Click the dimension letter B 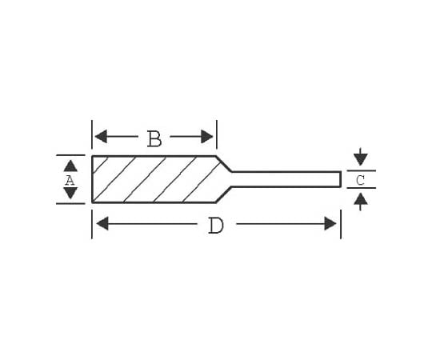(154, 138)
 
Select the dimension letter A (70, 181)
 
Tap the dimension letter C (360, 181)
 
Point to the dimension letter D (216, 226)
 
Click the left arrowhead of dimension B (101, 137)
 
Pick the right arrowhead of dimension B (207, 137)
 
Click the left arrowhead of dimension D (102, 223)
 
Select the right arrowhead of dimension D (330, 223)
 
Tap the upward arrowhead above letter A (70, 166)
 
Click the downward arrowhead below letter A (70, 193)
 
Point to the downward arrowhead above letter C (361, 159)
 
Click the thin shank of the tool (286, 179)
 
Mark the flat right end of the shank (341, 179)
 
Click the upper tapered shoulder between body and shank (224, 164)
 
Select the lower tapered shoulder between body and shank (224, 194)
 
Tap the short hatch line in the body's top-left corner (100, 166)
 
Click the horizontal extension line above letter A (70, 155)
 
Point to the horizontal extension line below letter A (70, 204)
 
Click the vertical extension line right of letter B (217, 134)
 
